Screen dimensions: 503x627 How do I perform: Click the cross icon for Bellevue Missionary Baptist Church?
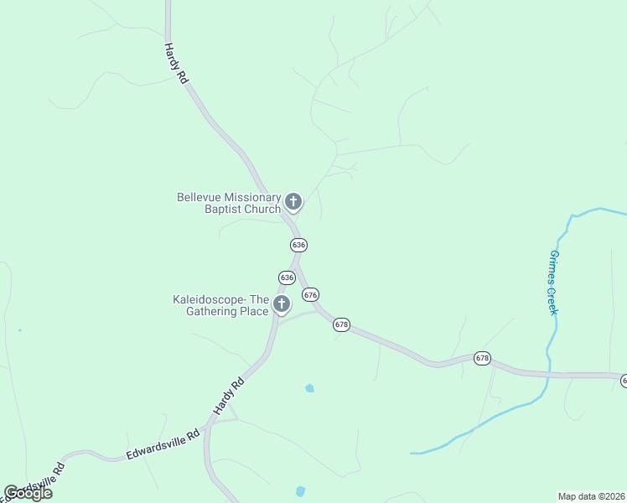click(293, 201)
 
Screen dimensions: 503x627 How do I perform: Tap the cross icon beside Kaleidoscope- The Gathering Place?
click(282, 303)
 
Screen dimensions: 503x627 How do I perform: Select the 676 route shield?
click(311, 294)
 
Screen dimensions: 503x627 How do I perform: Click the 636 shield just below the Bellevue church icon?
click(299, 245)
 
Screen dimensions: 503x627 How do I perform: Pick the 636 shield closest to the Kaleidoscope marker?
click(287, 277)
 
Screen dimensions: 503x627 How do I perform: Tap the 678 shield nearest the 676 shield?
click(341, 324)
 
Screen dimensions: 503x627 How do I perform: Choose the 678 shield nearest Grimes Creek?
click(482, 358)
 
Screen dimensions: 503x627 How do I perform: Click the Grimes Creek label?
click(553, 283)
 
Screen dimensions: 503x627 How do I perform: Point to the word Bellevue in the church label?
click(200, 197)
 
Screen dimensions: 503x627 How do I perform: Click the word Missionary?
click(254, 197)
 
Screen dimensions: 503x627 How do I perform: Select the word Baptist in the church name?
click(224, 209)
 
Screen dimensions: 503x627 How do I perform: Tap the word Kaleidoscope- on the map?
click(210, 299)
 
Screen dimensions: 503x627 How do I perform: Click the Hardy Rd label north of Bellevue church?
click(175, 63)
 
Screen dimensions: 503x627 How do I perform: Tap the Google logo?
click(28, 493)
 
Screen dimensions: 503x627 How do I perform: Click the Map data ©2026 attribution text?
click(592, 496)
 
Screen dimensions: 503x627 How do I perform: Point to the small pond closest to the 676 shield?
click(310, 388)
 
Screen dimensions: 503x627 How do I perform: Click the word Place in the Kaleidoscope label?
click(255, 311)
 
